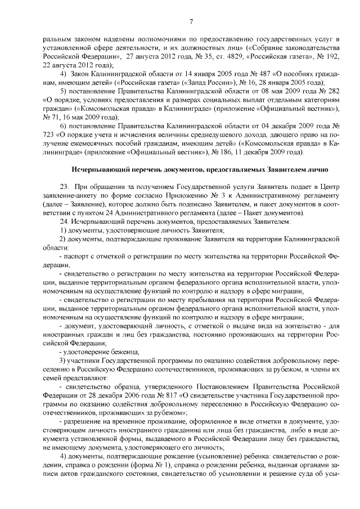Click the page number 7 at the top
(191, 22)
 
